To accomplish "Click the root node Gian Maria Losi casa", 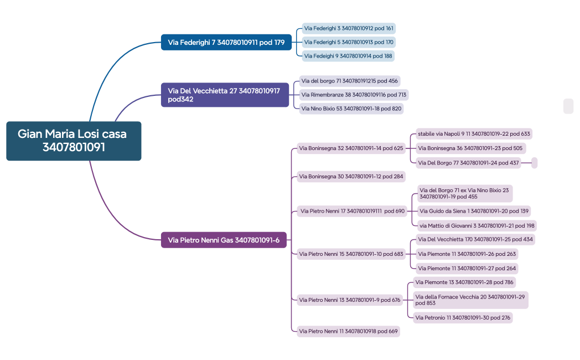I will [x=74, y=141].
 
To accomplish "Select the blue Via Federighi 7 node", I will [x=226, y=42].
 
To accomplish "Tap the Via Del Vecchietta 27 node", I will [x=225, y=95].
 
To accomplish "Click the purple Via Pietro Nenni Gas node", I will [x=224, y=240].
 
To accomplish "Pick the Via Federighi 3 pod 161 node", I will [x=349, y=28].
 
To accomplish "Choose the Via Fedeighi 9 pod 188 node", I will [x=348, y=56].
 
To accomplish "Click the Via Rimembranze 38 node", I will [x=353, y=95].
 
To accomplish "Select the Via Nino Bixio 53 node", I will [x=351, y=109].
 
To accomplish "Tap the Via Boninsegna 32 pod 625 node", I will [x=351, y=148].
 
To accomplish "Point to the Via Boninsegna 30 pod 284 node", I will [x=351, y=177].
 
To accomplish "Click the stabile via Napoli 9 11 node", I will [x=474, y=133].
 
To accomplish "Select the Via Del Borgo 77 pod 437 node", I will [x=468, y=163].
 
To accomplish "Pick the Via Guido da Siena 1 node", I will [x=474, y=211].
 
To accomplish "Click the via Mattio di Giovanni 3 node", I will [x=477, y=225].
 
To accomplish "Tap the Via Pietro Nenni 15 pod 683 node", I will [x=351, y=254].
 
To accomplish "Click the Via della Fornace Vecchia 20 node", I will [x=470, y=300].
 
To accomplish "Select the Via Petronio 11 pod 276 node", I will [x=462, y=317].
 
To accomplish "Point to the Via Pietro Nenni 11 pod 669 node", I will [x=348, y=331].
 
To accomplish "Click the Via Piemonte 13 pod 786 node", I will [x=464, y=282].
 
